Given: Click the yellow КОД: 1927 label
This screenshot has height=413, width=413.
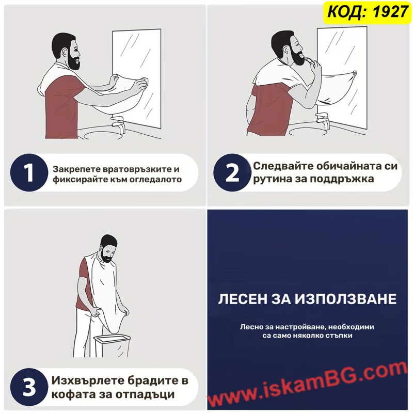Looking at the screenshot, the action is pos(368,12).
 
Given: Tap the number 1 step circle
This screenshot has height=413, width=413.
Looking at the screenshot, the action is pos(29,172).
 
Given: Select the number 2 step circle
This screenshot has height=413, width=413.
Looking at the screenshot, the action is pos(232,172).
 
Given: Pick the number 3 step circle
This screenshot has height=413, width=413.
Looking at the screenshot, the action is pos(29,387).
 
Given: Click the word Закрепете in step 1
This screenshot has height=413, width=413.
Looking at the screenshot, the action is pos(76,169).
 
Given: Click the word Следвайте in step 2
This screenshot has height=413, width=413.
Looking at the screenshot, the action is pos(283,166).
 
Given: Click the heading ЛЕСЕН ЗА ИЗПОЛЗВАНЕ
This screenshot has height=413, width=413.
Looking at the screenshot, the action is pos(307,299).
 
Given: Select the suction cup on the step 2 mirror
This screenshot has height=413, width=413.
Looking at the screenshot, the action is pos(354,73).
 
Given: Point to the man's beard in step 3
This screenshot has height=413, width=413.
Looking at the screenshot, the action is pos(107,257).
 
